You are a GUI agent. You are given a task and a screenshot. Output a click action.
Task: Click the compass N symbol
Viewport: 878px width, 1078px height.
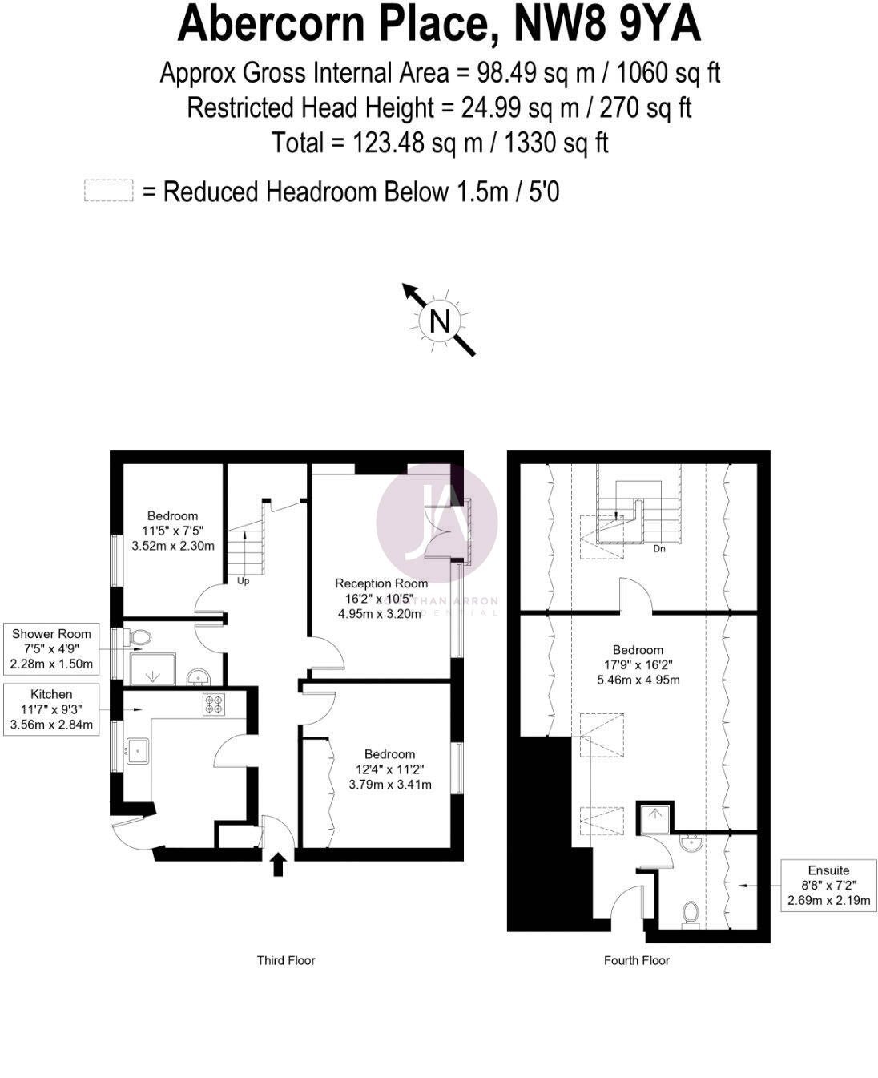[x=440, y=321]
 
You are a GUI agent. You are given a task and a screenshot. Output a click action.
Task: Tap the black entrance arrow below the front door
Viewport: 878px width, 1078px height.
[x=279, y=865]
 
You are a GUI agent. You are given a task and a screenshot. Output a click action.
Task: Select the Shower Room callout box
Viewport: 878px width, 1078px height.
[x=51, y=648]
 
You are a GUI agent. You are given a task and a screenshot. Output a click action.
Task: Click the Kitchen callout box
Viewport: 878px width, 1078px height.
[x=51, y=709]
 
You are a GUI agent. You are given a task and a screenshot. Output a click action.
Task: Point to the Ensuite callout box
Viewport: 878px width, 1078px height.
[x=829, y=886]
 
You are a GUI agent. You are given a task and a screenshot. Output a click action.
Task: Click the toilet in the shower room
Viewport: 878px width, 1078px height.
[x=140, y=638]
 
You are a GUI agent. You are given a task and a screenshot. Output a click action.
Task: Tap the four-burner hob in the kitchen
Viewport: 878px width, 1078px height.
[x=214, y=705]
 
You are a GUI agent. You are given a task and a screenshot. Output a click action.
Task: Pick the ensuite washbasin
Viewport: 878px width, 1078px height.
[x=689, y=843]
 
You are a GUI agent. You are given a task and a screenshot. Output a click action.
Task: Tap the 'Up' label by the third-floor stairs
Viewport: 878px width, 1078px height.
[x=243, y=580]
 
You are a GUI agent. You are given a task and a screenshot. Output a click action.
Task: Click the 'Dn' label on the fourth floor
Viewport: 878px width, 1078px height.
[x=659, y=549]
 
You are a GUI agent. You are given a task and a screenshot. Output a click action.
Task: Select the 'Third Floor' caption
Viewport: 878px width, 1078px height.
[x=286, y=960]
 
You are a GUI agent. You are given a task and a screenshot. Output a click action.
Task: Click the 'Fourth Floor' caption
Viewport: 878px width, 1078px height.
[x=637, y=960]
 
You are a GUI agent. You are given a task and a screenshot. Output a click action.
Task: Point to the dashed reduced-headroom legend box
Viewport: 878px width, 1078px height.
[x=108, y=192]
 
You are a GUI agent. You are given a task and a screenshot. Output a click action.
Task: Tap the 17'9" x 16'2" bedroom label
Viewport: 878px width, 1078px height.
[x=638, y=665]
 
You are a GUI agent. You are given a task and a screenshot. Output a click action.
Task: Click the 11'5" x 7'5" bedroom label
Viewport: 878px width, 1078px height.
[x=173, y=531]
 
